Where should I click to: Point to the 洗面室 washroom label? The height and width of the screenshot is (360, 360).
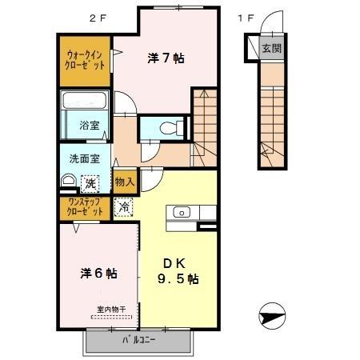[83, 158]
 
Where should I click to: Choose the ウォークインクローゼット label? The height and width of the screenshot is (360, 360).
[86, 60]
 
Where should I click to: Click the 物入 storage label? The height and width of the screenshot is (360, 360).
[124, 182]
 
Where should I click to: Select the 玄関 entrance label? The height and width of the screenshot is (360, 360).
[271, 48]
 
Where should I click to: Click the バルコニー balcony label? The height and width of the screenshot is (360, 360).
[138, 339]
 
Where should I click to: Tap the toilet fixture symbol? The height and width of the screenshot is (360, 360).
[166, 127]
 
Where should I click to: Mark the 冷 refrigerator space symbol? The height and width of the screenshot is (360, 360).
[124, 206]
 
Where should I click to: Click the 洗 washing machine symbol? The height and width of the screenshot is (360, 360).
[90, 183]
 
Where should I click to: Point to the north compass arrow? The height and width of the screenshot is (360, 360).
[273, 317]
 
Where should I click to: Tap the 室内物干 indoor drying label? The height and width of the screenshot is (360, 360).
[112, 309]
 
